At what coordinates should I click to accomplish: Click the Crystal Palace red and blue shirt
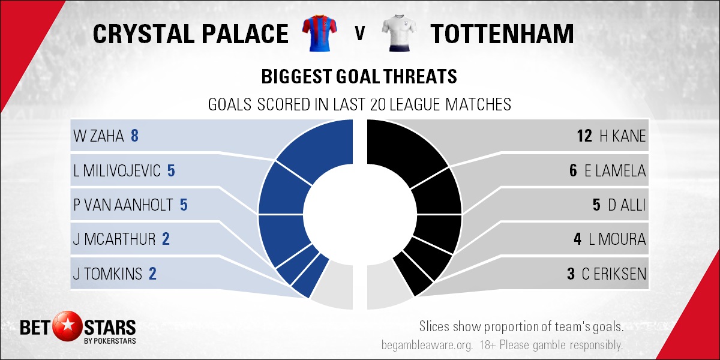click(x=319, y=33)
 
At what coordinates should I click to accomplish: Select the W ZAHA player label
click(x=98, y=136)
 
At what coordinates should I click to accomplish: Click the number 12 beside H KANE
click(x=584, y=136)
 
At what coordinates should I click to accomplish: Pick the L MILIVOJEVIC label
click(x=116, y=170)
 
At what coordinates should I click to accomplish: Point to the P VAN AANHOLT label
click(x=123, y=205)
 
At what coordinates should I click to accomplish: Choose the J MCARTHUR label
click(x=114, y=239)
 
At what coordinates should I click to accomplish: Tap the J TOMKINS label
click(x=107, y=274)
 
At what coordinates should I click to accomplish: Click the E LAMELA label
click(x=615, y=170)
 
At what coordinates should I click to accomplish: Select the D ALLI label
click(x=627, y=205)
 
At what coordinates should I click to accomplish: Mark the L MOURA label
click(x=617, y=239)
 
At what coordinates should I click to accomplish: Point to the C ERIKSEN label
click(x=614, y=274)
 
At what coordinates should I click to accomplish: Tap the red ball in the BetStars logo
click(x=67, y=326)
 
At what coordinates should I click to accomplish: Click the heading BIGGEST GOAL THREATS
click(x=359, y=77)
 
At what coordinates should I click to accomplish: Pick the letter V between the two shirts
click(x=359, y=34)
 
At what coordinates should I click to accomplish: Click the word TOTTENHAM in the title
click(x=502, y=34)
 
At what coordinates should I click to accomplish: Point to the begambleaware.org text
click(x=427, y=345)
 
